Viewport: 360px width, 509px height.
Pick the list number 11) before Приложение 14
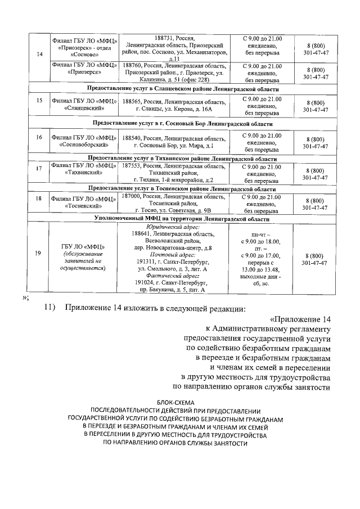(52, 308)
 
